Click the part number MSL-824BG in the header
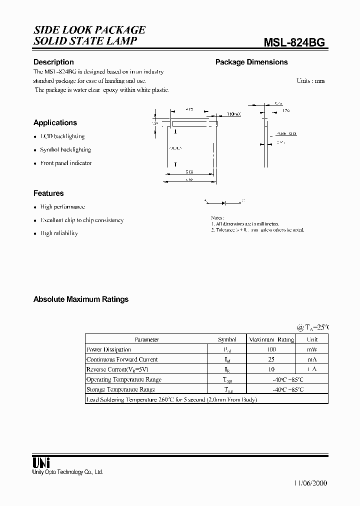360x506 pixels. (294, 42)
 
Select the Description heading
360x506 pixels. (53, 62)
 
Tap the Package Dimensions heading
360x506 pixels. (251, 62)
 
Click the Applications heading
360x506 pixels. (55, 122)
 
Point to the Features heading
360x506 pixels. (48, 193)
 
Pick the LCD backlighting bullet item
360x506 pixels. (62, 136)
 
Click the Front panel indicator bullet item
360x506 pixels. (66, 163)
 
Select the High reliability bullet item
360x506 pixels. (59, 233)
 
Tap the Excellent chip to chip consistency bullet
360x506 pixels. (82, 220)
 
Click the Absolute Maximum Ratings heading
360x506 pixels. (81, 299)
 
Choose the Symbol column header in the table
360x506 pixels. (227, 339)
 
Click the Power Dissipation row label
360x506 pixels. (108, 349)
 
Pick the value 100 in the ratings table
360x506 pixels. (271, 349)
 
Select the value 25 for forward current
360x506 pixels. (271, 359)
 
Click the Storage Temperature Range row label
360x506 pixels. (120, 389)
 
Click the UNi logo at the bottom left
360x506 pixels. (41, 462)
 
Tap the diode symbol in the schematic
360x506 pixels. (223, 202)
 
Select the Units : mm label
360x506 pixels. (310, 80)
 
